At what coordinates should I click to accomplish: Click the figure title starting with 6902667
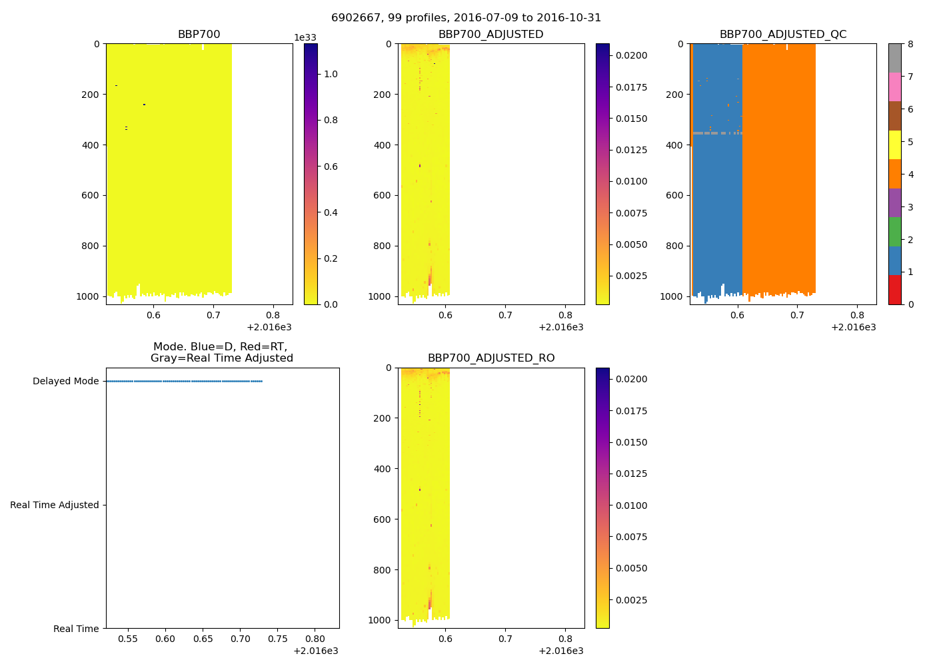[466, 18]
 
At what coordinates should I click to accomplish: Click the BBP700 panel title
[199, 35]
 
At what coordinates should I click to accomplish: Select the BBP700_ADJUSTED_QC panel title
[783, 35]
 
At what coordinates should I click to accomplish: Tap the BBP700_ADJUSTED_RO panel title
[491, 358]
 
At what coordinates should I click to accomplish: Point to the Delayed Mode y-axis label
[65, 382]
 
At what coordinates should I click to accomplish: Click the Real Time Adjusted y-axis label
[55, 505]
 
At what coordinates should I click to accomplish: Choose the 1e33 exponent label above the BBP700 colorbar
[305, 38]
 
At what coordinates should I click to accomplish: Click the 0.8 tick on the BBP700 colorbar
[331, 121]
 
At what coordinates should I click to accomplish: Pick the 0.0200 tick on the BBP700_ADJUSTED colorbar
[631, 55]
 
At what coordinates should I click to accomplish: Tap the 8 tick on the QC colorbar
[910, 44]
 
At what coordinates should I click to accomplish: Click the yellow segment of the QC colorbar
[894, 145]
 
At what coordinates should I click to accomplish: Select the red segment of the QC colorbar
[894, 290]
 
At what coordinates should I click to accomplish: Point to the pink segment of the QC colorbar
[894, 87]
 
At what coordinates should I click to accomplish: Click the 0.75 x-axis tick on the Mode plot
[277, 639]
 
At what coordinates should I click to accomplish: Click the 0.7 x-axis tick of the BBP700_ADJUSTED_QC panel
[797, 316]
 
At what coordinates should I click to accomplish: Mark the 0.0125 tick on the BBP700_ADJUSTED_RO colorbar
[631, 474]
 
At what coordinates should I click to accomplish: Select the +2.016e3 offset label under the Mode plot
[315, 651]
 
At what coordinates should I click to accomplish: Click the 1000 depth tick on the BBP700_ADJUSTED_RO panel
[380, 620]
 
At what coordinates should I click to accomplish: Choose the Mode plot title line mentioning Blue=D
[220, 347]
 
